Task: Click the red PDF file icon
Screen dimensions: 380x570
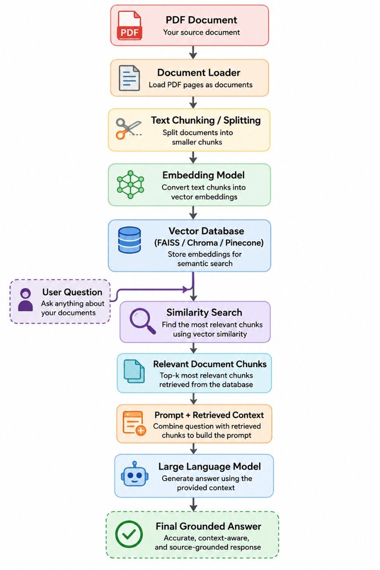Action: tap(129, 25)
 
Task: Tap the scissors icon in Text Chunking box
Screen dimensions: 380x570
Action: tap(128, 128)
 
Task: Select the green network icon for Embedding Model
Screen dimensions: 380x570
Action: tap(130, 185)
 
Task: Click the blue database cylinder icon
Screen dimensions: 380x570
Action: tap(129, 240)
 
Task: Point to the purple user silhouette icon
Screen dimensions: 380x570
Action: tap(25, 299)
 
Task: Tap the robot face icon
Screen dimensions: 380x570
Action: tap(134, 474)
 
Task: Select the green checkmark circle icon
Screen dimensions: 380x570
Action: tap(129, 534)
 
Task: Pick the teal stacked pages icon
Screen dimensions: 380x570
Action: tap(134, 371)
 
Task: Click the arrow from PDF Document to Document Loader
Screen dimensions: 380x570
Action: tap(193, 53)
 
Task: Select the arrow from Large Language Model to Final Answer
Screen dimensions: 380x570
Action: tap(194, 504)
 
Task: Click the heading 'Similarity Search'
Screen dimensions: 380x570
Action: tap(204, 313)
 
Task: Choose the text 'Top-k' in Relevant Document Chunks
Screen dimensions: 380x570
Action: tap(169, 376)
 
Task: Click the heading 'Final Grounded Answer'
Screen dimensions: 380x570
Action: tap(209, 526)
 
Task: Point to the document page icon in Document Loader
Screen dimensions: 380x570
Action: tap(129, 78)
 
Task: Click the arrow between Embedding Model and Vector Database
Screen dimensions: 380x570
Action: tap(193, 213)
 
